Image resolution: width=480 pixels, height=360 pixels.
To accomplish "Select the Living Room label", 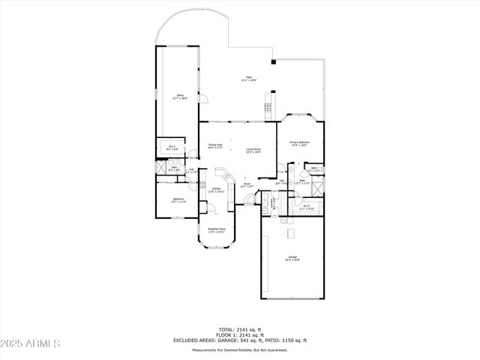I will point(253,150).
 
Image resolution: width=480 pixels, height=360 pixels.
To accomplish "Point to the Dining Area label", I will point(215,146).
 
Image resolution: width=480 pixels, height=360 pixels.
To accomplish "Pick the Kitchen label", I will point(217,190).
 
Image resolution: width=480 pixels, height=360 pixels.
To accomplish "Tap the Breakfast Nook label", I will point(217,230).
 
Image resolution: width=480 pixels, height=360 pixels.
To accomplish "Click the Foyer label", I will point(247,184).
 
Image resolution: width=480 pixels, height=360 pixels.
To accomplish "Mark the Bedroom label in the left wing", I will point(178,199).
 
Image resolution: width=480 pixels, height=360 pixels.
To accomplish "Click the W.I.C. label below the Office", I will point(172,148).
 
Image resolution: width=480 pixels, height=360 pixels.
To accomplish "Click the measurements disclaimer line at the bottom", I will point(240,350).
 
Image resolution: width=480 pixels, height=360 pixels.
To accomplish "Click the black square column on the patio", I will point(273,61).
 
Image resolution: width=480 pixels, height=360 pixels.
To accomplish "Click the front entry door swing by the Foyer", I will point(250,199).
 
